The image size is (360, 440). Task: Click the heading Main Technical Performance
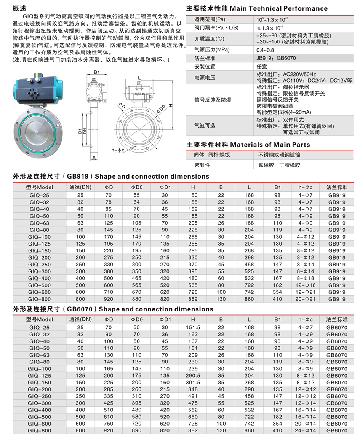(279, 8)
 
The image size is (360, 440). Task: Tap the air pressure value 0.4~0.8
(265, 50)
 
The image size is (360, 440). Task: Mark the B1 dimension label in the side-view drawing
(97, 72)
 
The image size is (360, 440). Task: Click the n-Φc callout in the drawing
(118, 150)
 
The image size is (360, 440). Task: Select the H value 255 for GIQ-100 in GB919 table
(193, 237)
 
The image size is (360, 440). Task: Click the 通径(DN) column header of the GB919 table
(80, 187)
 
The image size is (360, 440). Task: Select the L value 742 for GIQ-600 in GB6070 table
(249, 424)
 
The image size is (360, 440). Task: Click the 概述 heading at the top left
(20, 8)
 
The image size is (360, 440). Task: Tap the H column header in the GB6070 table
(193, 319)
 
